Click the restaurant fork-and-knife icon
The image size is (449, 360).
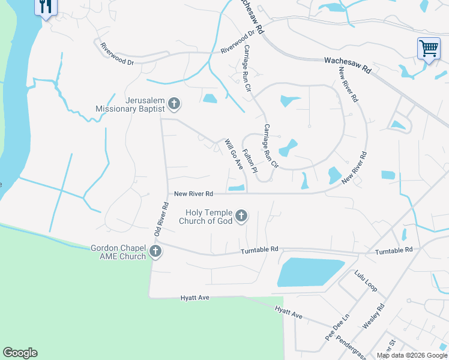46,7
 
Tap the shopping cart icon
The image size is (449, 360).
429,48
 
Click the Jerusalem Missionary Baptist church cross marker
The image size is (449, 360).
174,104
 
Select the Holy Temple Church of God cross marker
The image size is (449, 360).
241,216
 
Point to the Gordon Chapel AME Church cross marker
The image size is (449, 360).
155,251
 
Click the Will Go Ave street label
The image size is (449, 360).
233,155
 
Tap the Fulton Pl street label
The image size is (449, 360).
250,161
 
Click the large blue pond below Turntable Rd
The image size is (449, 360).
310,272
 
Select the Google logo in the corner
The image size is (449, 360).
20,353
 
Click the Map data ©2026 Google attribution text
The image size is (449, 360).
412,355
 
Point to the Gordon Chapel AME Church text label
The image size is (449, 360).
118,252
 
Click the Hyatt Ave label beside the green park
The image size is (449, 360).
196,298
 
